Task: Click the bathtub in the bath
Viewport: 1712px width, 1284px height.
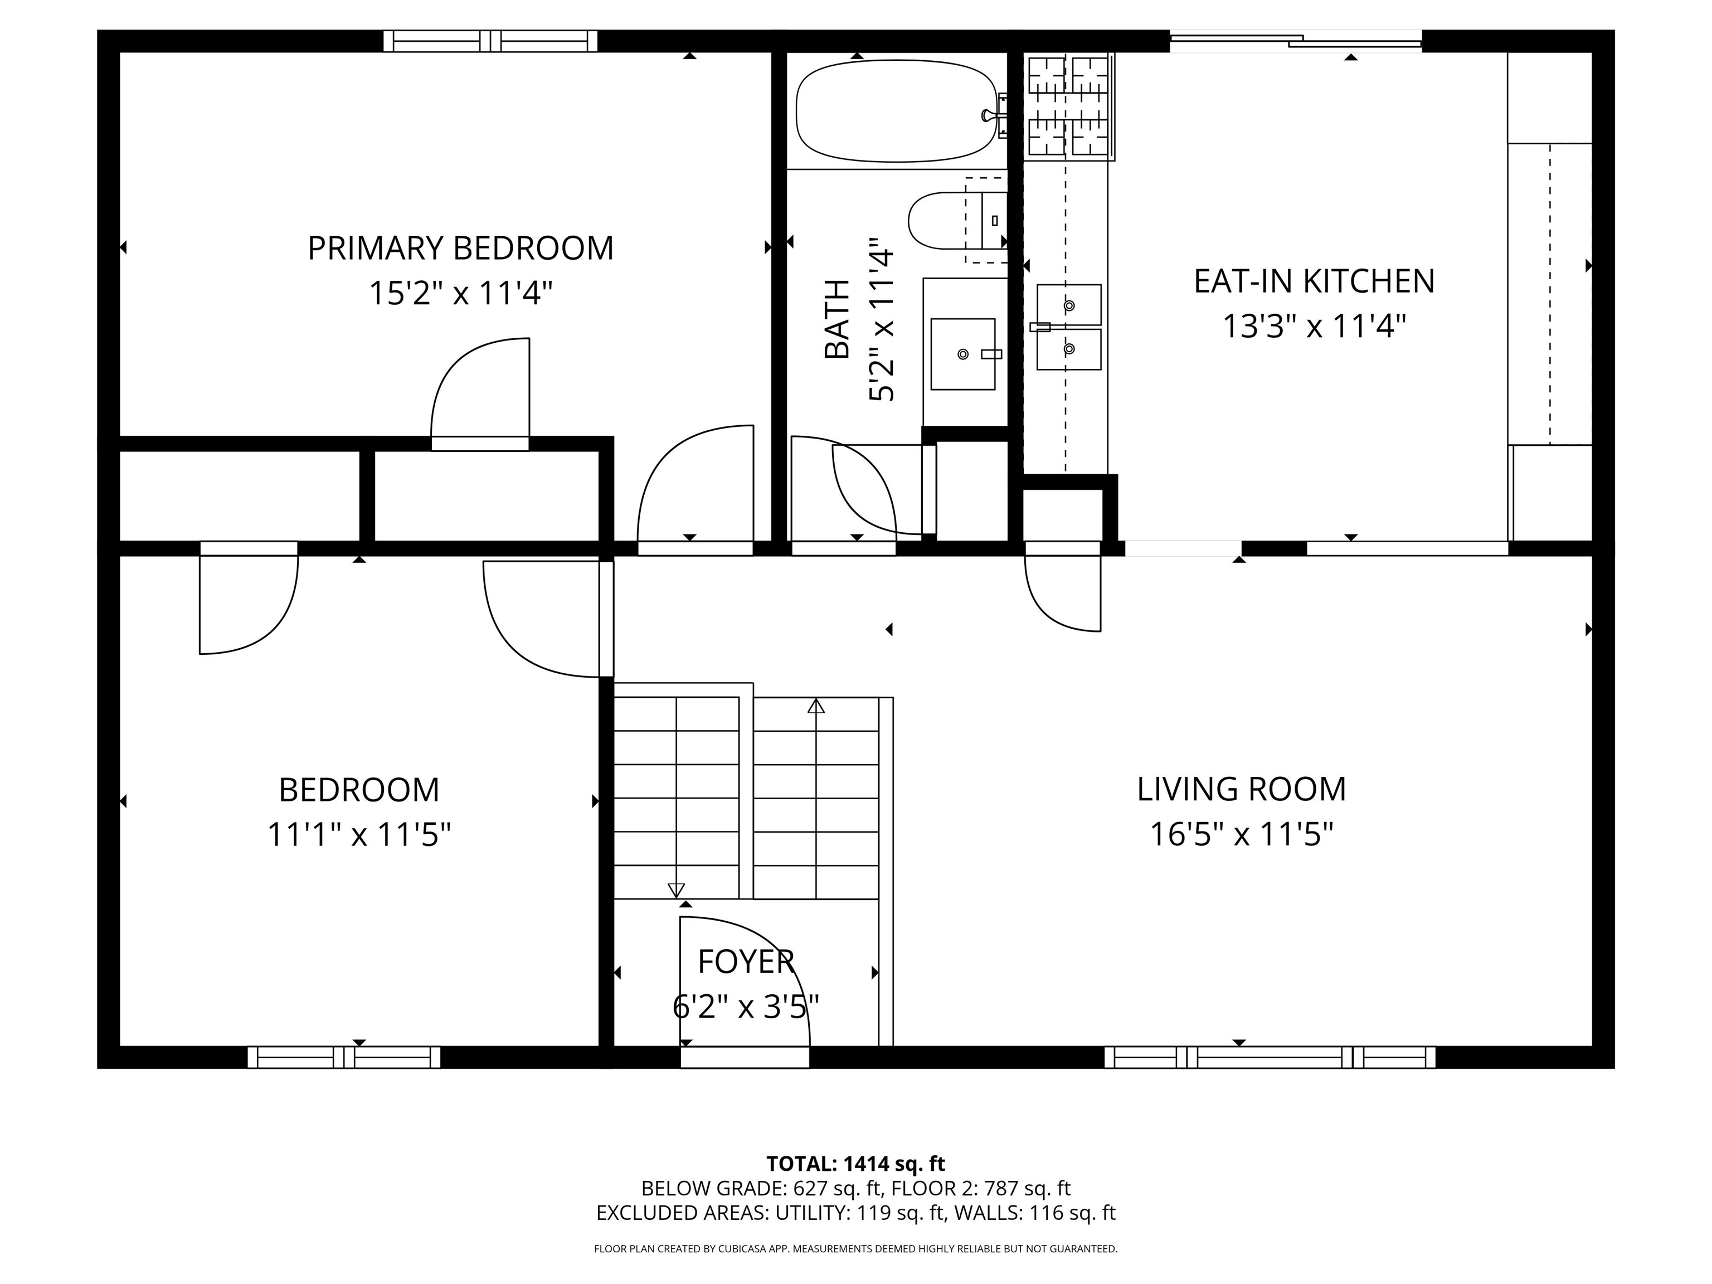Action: point(897,111)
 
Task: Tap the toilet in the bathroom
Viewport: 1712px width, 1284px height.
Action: point(958,221)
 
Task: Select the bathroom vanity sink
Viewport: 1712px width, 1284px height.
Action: point(963,354)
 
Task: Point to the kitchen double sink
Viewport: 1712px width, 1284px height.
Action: point(1069,327)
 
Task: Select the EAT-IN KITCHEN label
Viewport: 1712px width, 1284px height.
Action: point(1314,281)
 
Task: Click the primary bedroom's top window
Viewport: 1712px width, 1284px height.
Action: point(490,41)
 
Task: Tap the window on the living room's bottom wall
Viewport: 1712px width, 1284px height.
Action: point(1270,1057)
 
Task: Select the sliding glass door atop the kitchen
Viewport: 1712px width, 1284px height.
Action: point(1296,41)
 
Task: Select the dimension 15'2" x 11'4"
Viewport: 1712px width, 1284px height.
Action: point(460,294)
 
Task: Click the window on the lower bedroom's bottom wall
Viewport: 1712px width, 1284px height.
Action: point(344,1057)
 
